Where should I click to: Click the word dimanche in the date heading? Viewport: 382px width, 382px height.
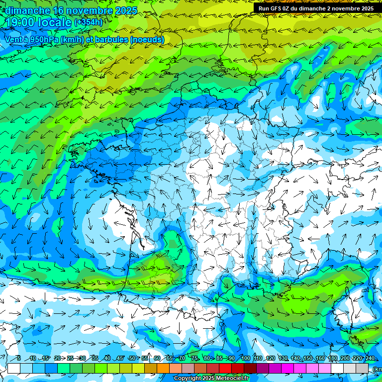click(x=28, y=10)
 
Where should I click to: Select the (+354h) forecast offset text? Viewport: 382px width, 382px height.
click(x=89, y=22)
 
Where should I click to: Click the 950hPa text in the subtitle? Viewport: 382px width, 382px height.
click(x=44, y=39)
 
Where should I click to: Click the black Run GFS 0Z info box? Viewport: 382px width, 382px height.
click(x=316, y=8)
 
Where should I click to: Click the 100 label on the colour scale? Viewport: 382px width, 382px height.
click(x=246, y=359)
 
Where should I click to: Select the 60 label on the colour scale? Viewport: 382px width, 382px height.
click(x=157, y=359)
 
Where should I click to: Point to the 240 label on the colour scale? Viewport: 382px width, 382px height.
click(x=370, y=359)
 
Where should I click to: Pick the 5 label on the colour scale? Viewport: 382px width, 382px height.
click(x=19, y=359)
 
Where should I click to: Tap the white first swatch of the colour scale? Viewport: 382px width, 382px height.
click(x=14, y=368)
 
